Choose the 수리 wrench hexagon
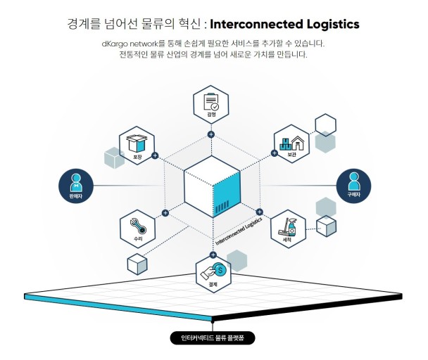click(137, 229)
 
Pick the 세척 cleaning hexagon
click(289, 228)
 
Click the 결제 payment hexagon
click(213, 274)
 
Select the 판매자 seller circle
click(75, 186)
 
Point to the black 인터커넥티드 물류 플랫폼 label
click(213, 338)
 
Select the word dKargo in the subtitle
click(116, 44)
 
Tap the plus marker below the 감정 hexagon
click(210, 134)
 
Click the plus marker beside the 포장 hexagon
click(155, 156)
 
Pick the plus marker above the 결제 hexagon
click(213, 255)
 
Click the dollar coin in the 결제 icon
click(220, 269)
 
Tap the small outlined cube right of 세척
click(326, 226)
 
